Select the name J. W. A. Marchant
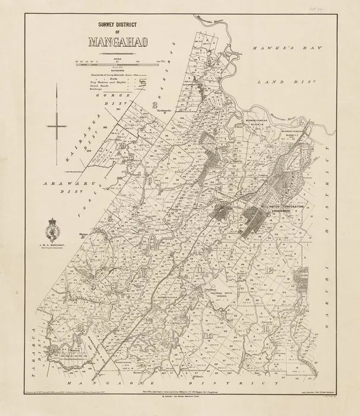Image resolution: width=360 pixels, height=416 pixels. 58,243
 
